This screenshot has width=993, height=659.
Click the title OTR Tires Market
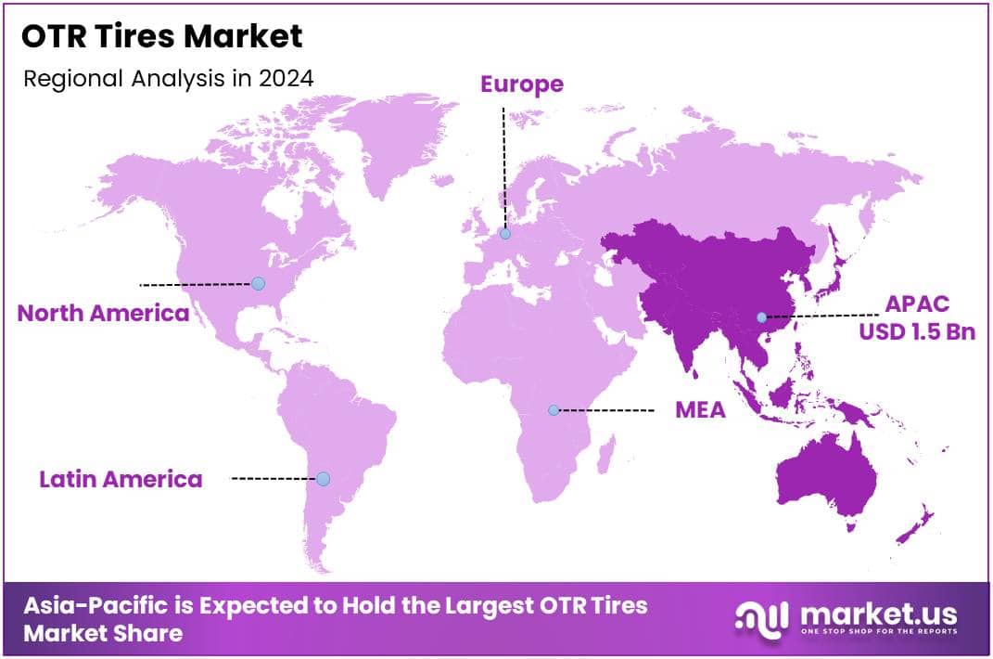(162, 36)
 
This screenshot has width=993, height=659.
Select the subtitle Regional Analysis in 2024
(168, 77)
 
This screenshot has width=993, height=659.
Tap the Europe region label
(521, 84)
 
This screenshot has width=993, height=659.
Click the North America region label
(103, 313)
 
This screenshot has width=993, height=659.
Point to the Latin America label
(121, 479)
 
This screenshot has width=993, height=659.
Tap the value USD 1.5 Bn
(916, 330)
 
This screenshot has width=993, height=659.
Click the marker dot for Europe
(505, 234)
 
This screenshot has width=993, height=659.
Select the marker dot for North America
(259, 283)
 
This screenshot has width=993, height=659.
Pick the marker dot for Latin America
(323, 479)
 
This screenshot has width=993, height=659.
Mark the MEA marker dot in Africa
(554, 409)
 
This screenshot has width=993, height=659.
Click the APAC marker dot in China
(761, 317)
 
